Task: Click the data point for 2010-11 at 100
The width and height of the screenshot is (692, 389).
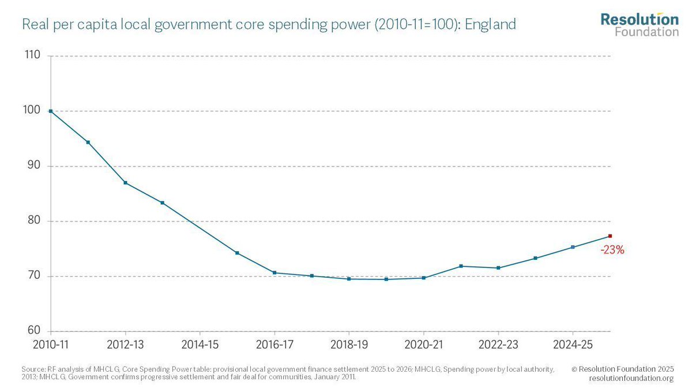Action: (51, 111)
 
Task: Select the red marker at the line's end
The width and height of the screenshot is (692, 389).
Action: (610, 236)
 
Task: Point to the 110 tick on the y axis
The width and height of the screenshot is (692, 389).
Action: (32, 56)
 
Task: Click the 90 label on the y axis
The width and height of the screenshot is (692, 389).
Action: (33, 166)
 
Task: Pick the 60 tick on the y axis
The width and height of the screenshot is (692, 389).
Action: (33, 331)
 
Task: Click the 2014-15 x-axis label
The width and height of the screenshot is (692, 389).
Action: (200, 345)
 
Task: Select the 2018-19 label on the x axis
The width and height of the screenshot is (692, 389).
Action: (348, 345)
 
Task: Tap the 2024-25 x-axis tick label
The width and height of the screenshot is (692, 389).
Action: (572, 345)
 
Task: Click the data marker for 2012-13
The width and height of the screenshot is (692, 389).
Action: (125, 183)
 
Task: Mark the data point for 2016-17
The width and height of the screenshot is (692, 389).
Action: (274, 273)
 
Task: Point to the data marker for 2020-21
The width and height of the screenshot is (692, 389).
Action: (424, 278)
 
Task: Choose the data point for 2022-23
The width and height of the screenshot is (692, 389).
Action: (498, 268)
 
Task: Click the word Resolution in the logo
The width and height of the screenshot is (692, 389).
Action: (639, 19)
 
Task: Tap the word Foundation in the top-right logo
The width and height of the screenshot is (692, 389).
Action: (646, 32)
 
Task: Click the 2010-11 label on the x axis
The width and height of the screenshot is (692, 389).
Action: (51, 345)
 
